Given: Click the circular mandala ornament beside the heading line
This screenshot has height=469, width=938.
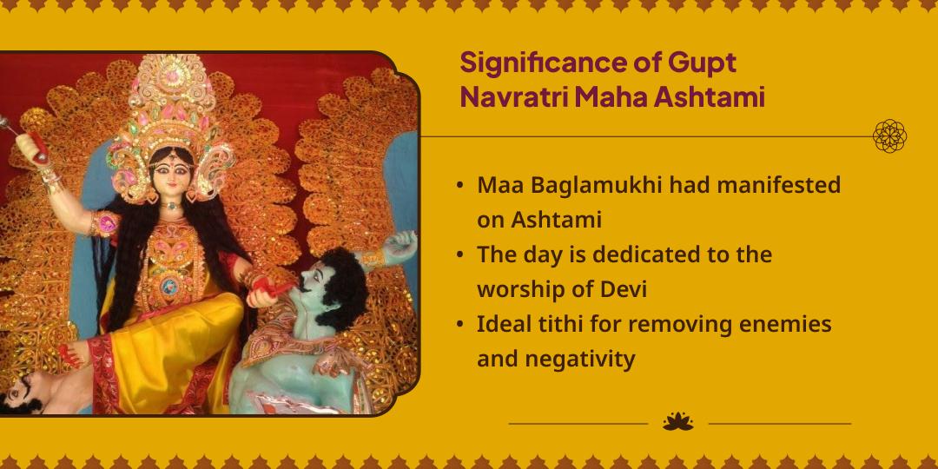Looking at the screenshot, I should tap(889, 136).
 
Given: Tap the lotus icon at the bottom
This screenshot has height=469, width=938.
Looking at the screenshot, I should tap(677, 422).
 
